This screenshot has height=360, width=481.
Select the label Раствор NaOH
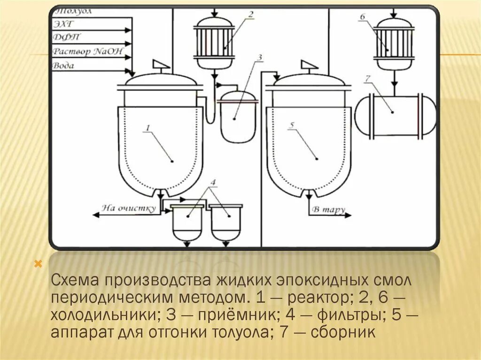(x=87, y=51)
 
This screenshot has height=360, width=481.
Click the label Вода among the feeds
(x=63, y=66)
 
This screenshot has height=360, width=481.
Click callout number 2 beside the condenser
(x=251, y=15)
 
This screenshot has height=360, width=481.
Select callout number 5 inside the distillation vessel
(x=292, y=126)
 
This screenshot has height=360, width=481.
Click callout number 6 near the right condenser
(x=362, y=17)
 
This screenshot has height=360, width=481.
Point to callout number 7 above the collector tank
(x=368, y=77)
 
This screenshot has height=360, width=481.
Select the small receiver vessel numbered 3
(x=238, y=117)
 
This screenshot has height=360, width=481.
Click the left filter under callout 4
(x=187, y=223)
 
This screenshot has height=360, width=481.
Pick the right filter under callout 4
(x=226, y=223)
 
